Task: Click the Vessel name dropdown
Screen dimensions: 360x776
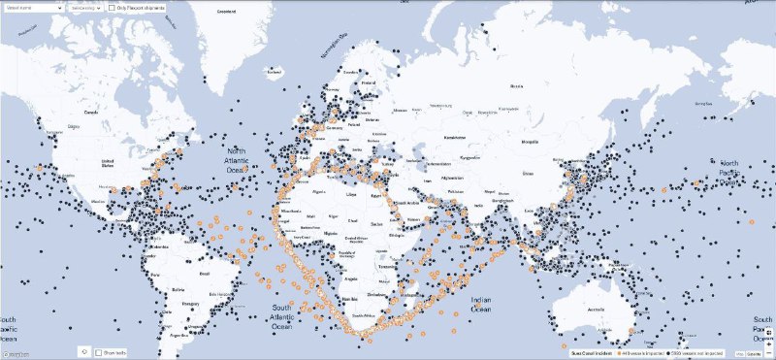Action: coord(34,7)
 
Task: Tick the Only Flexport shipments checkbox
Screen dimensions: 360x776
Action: coord(111,7)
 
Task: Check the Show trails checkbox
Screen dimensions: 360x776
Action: coord(98,352)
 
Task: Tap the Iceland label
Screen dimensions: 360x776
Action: coord(275,71)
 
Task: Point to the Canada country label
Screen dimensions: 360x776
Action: coord(92,112)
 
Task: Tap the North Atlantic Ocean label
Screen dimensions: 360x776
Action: coord(239,161)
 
